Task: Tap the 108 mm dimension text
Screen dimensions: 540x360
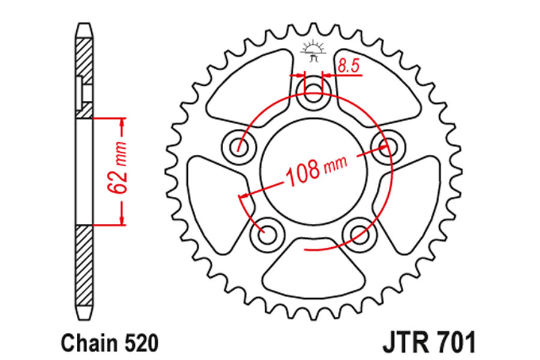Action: (316, 171)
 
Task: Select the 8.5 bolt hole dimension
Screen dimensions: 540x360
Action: (349, 65)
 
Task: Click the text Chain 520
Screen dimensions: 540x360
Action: (110, 343)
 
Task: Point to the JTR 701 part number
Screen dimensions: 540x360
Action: (429, 342)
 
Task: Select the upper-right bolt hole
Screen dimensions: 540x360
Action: (388, 146)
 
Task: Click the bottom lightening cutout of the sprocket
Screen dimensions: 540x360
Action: (313, 267)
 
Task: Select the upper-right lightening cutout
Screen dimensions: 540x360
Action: (377, 87)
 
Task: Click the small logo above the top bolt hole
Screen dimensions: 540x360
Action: (313, 52)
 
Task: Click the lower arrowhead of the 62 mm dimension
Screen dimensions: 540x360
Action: (121, 219)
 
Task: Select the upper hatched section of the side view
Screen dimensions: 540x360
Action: (84, 78)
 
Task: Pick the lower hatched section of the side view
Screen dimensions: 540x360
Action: (84, 265)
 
